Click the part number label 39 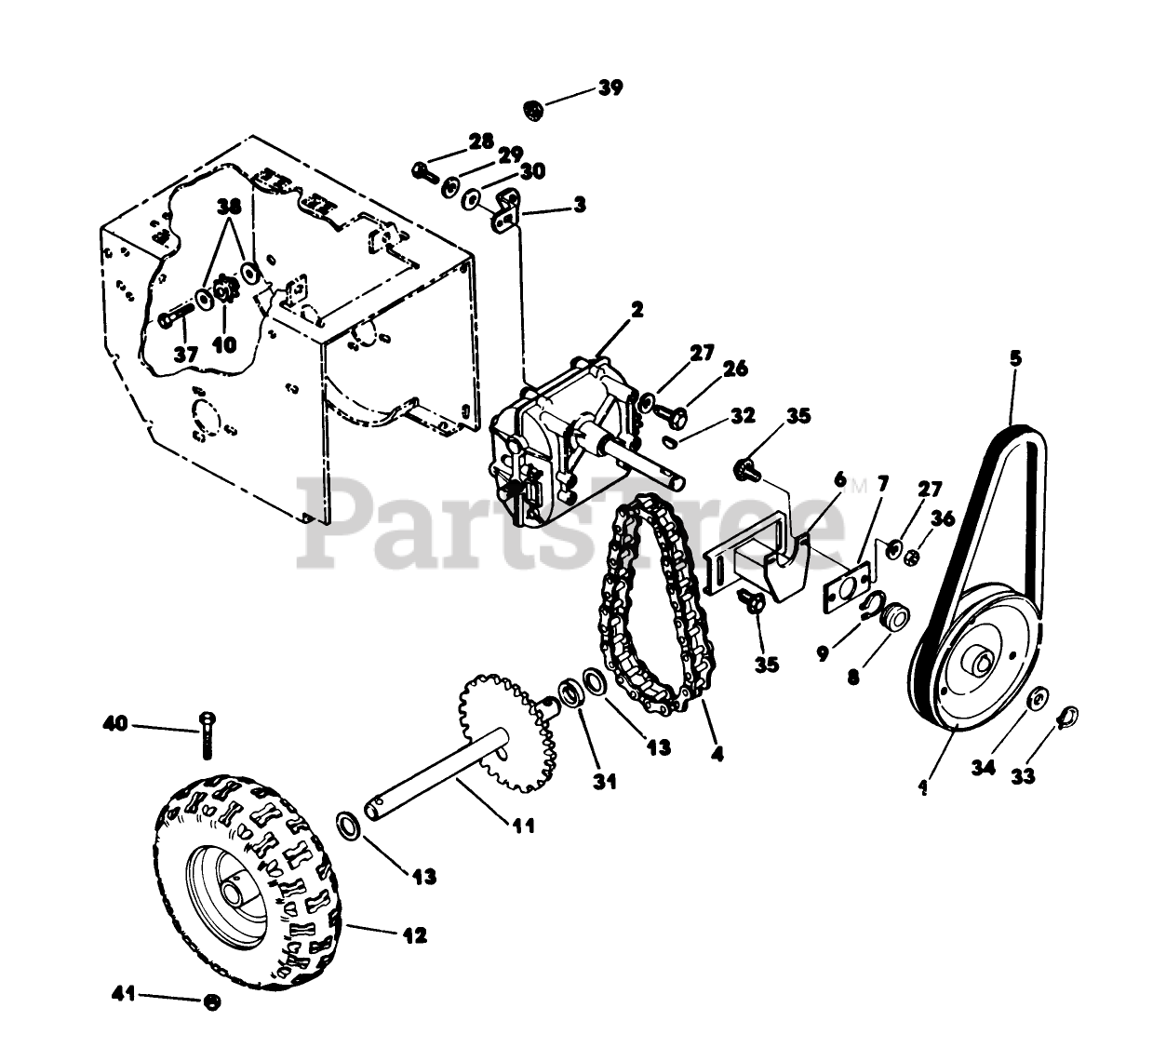[610, 87]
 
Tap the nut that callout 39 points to [534, 108]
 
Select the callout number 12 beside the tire [415, 935]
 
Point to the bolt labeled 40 [207, 733]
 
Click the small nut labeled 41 [212, 1001]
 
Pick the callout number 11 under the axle [524, 824]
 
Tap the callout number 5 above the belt [1015, 357]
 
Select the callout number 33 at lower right [1023, 775]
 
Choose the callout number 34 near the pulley [984, 766]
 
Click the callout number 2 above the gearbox [637, 310]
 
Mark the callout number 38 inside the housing [229, 206]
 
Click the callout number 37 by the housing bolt [186, 355]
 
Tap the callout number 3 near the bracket [580, 205]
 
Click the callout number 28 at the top [481, 141]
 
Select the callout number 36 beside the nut [943, 519]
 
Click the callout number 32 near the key [742, 416]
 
